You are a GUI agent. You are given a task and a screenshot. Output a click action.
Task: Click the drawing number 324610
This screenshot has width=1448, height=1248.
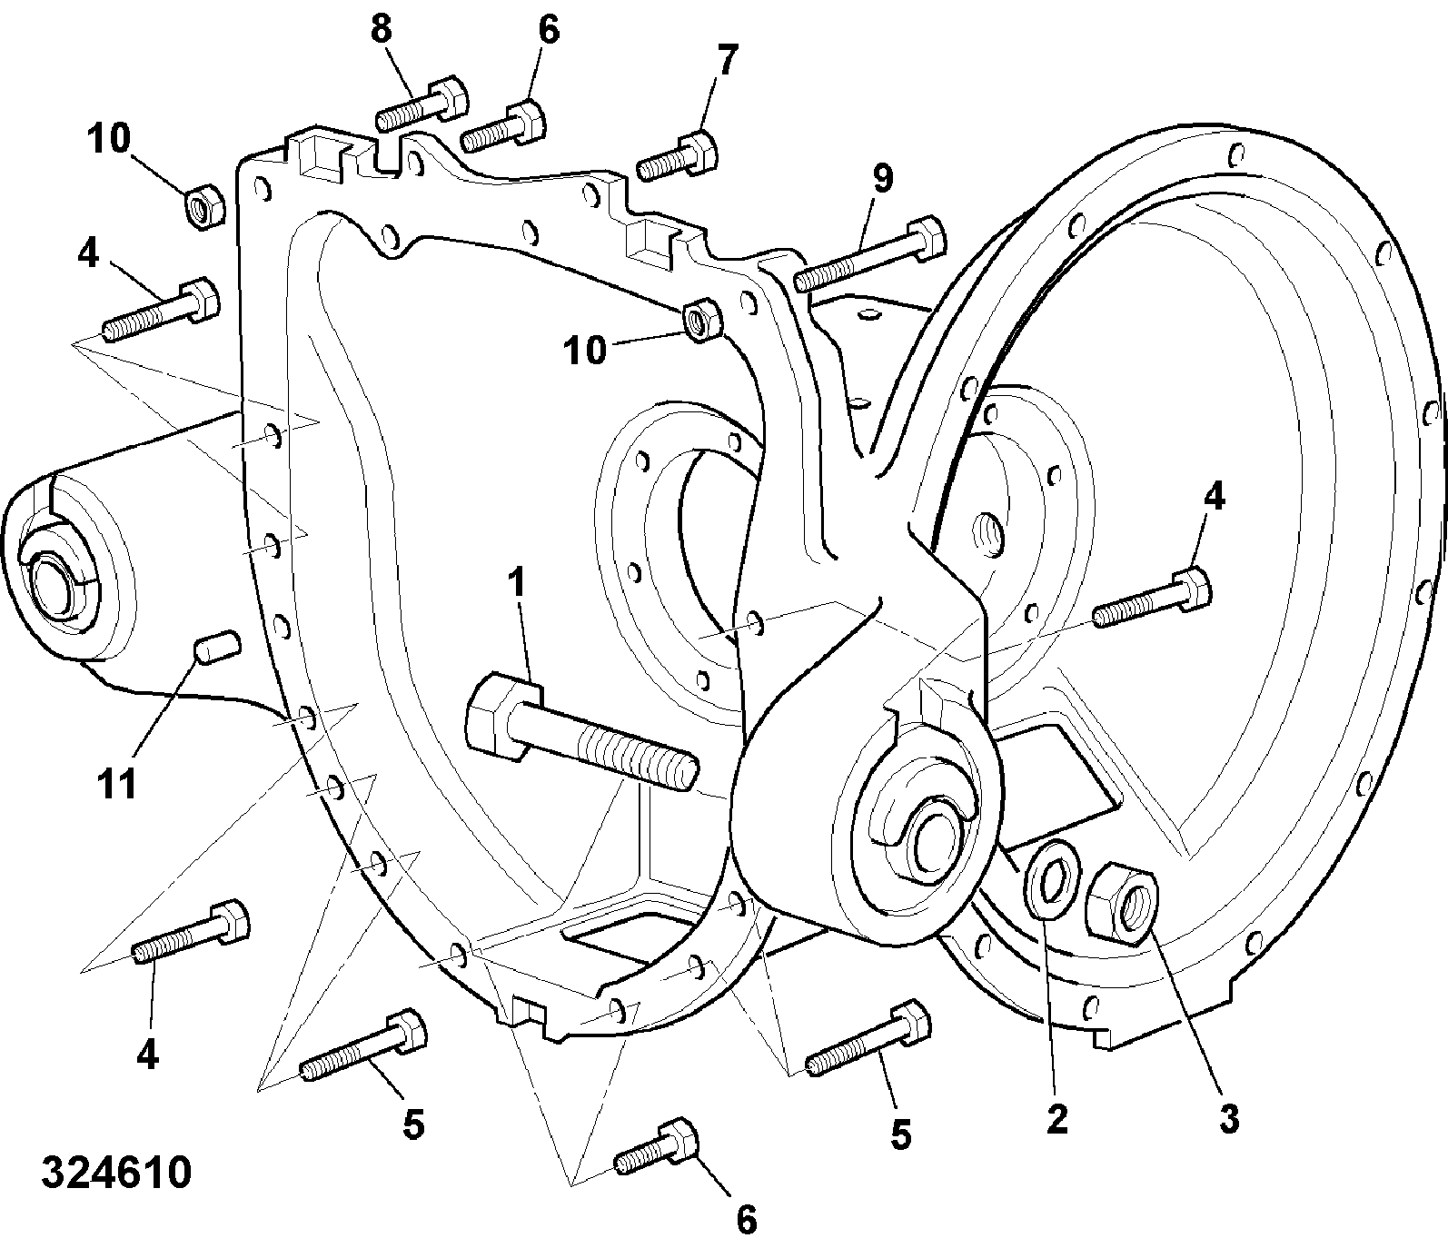116,1173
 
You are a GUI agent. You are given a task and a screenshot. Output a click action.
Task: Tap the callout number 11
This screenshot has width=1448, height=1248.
117,782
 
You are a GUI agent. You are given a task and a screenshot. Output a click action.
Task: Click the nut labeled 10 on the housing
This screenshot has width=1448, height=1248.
699,321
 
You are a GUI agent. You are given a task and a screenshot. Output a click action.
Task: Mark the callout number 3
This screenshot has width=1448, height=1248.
1228,1119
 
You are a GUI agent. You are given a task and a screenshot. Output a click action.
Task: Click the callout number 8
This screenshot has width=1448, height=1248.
381,29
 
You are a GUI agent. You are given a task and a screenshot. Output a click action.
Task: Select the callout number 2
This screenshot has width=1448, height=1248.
1056,1119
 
